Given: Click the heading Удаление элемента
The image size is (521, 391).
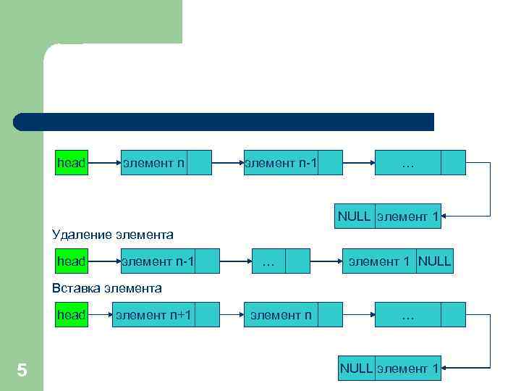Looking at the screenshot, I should pyautogui.click(x=113, y=234).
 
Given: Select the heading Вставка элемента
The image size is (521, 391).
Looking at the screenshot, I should pyautogui.click(x=107, y=287).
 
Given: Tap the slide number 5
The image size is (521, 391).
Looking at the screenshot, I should pyautogui.click(x=22, y=371).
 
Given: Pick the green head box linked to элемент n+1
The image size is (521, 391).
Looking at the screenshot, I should pyautogui.click(x=72, y=314).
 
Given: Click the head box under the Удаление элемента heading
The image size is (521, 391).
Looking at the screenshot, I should pyautogui.click(x=72, y=261).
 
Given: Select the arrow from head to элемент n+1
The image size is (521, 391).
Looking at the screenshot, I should pyautogui.click(x=100, y=314).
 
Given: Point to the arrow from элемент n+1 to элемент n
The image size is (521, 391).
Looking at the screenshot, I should pyautogui.click(x=220, y=314).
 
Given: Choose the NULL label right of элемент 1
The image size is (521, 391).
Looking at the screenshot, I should pyautogui.click(x=434, y=261).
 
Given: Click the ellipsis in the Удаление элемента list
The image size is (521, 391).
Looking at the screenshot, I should pyautogui.click(x=268, y=261).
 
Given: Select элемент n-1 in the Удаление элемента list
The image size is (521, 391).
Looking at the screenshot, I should pyautogui.click(x=158, y=261).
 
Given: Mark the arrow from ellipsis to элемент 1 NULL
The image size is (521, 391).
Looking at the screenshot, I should pyautogui.click(x=326, y=261).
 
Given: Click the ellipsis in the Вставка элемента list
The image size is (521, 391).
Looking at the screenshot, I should pyautogui.click(x=407, y=314).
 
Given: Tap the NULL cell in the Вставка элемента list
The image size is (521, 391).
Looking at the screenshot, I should pyautogui.click(x=356, y=368).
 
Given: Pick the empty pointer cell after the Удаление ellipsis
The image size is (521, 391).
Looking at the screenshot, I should pyautogui.click(x=297, y=261).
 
